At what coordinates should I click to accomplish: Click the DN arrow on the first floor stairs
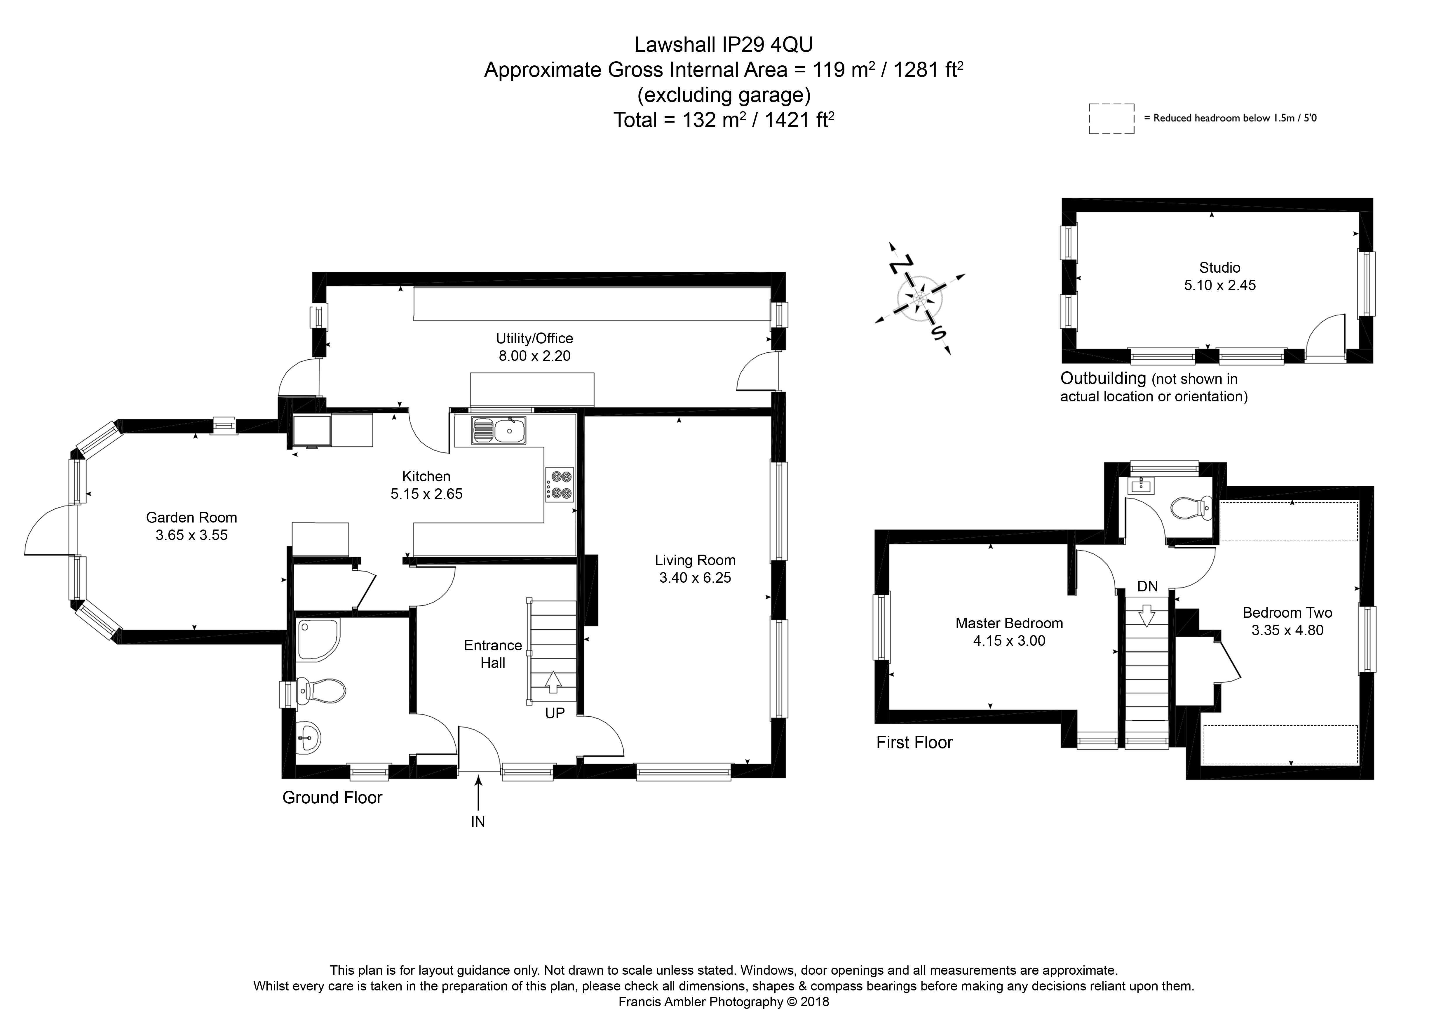[1146, 615]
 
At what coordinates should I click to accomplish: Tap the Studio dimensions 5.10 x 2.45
[1220, 285]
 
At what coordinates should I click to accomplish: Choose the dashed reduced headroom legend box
[1111, 119]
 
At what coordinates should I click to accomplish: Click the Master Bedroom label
[1009, 623]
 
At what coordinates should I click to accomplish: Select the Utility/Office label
[534, 338]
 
